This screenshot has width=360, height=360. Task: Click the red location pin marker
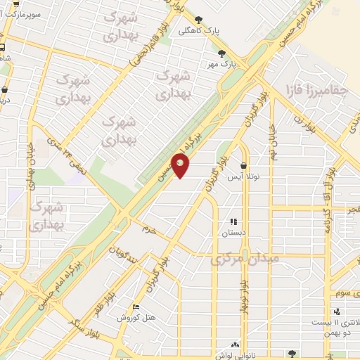coord(181,165)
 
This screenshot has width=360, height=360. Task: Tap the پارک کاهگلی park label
coord(194,30)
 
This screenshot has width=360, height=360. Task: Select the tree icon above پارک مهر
coord(222,53)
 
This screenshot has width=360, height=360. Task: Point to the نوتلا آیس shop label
coord(243,177)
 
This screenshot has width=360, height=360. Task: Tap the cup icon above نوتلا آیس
coord(243,166)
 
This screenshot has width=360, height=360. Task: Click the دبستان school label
coord(233,232)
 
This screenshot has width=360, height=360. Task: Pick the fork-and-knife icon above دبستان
coord(233,221)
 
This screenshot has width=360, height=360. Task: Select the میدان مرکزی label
coord(245,259)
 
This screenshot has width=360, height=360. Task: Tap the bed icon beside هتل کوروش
coord(136,307)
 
